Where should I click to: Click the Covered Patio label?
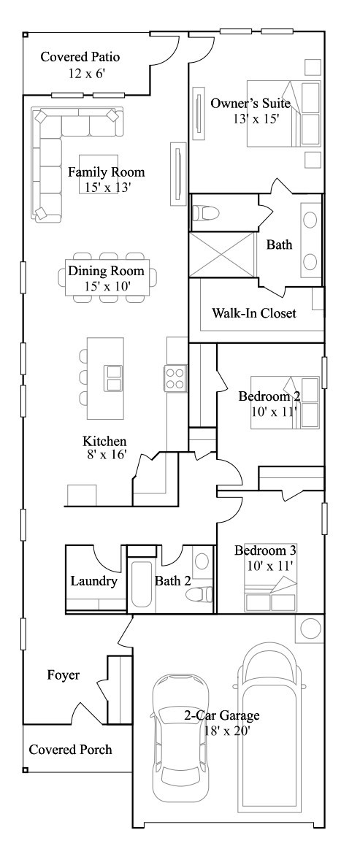point(80,57)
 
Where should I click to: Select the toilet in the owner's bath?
point(206,212)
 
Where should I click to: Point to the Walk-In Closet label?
point(254,314)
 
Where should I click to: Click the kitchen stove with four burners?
point(175,378)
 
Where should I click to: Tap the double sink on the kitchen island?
point(115,378)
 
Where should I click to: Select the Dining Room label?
point(106,271)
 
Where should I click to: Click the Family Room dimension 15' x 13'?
point(107,188)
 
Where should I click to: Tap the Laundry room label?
point(94,581)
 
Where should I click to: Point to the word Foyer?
point(64,675)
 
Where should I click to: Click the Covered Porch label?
point(71,750)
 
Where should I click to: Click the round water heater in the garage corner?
point(310,629)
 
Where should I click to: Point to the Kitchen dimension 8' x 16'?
point(105,455)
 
